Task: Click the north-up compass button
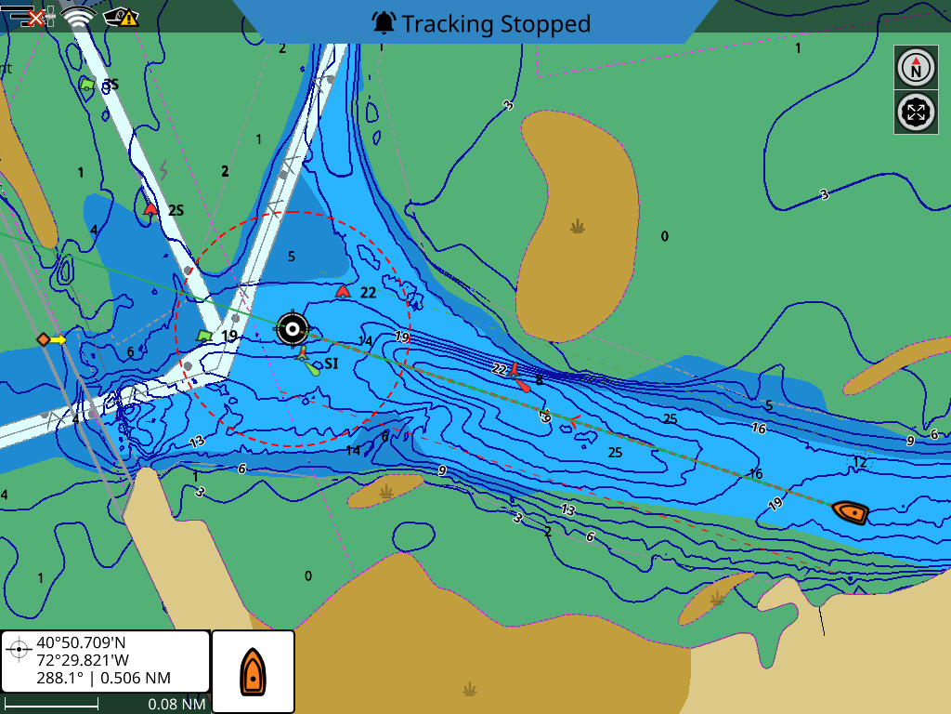pyautogui.click(x=916, y=68)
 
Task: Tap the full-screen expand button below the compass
pyautogui.click(x=916, y=112)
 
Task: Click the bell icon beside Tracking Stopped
pyautogui.click(x=384, y=22)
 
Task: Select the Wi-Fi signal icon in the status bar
pyautogui.click(x=79, y=17)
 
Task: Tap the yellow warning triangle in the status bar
pyautogui.click(x=128, y=17)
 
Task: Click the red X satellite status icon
pyautogui.click(x=37, y=17)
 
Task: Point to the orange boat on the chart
pyautogui.click(x=850, y=511)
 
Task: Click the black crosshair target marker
pyautogui.click(x=293, y=327)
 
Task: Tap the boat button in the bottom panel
pyautogui.click(x=253, y=671)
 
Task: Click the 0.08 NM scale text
pyautogui.click(x=176, y=704)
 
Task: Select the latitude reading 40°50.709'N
pyautogui.click(x=80, y=642)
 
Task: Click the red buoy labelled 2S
pyautogui.click(x=150, y=209)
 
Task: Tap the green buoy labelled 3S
pyautogui.click(x=87, y=85)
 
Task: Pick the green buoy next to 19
pyautogui.click(x=204, y=336)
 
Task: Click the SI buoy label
pyautogui.click(x=331, y=364)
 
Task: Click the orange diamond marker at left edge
pyautogui.click(x=43, y=339)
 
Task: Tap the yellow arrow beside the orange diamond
pyautogui.click(x=59, y=339)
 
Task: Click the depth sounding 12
pyautogui.click(x=859, y=462)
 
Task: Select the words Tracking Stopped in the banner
pyautogui.click(x=496, y=23)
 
